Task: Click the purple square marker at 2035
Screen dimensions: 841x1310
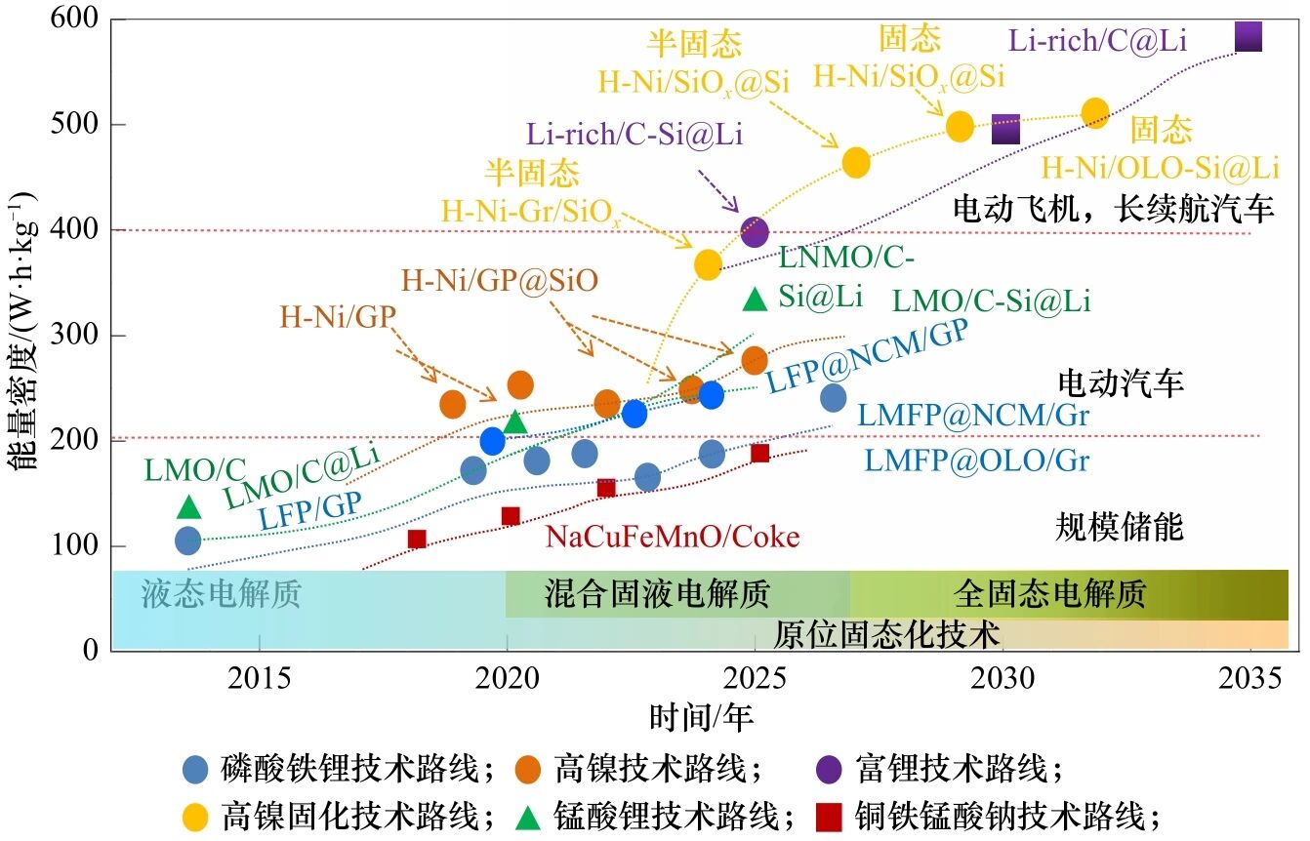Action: [x=1249, y=37]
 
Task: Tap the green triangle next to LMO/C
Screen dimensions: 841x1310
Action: [x=189, y=506]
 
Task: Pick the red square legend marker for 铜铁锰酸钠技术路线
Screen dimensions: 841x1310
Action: [x=829, y=815]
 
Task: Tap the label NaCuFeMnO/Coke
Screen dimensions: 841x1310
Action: [x=672, y=537]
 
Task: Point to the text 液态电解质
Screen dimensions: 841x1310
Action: [x=222, y=594]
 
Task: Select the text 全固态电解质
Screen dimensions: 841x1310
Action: [x=1049, y=593]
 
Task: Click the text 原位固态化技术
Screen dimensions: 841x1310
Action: [x=887, y=635]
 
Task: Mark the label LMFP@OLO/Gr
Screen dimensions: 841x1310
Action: [x=973, y=459]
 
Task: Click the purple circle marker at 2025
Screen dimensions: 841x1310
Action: [x=755, y=232]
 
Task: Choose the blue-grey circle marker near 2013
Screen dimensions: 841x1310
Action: [x=188, y=540]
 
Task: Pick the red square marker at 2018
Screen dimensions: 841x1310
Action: [x=417, y=539]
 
